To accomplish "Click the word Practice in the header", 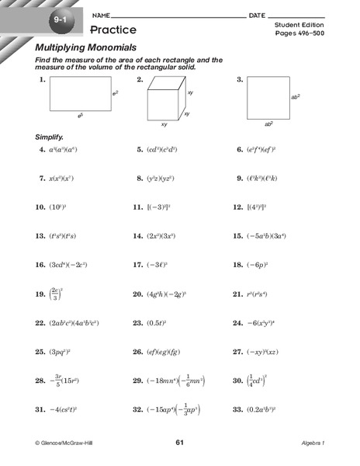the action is point(114,30).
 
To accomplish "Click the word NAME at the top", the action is point(101,16).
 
